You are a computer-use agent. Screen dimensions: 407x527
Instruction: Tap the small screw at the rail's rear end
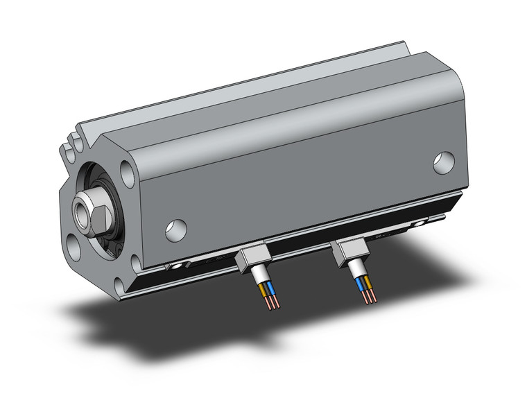(x=419, y=224)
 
